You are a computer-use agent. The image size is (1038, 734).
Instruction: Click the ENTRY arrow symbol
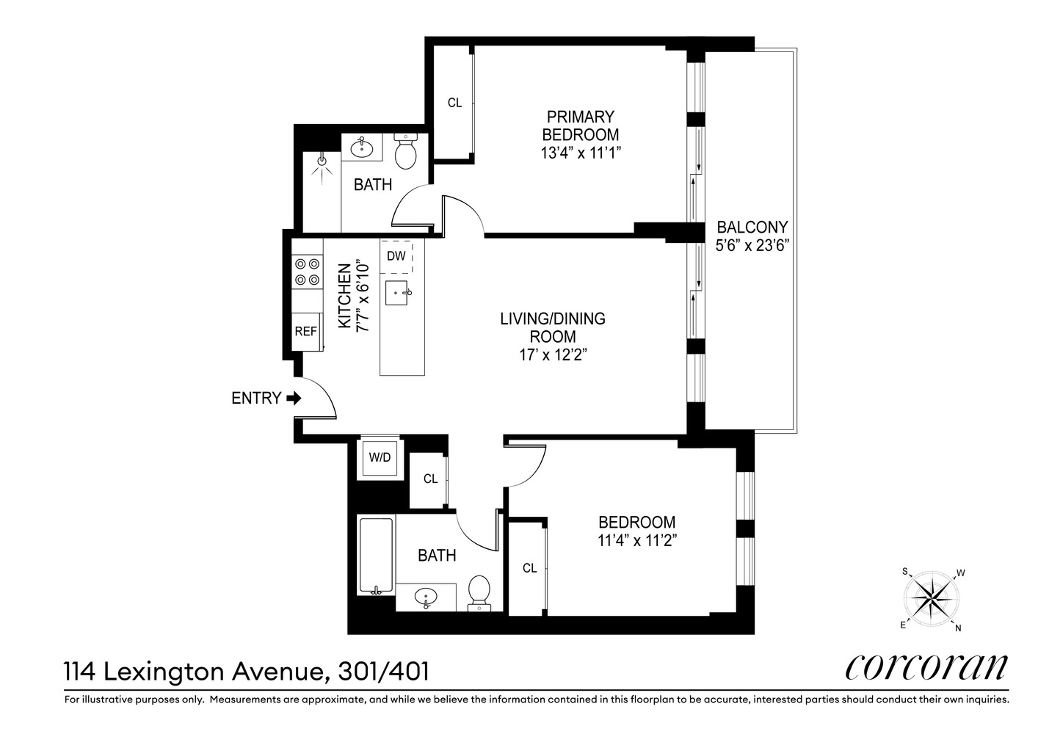click(294, 399)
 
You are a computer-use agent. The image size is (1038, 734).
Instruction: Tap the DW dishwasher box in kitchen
click(396, 256)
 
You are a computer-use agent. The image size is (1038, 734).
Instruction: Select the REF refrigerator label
click(305, 332)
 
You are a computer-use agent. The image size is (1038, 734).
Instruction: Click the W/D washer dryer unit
click(379, 458)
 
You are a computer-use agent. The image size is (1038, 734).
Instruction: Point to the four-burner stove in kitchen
click(307, 271)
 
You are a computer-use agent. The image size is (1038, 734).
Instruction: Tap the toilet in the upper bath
click(405, 151)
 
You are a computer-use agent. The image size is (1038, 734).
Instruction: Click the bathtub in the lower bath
click(376, 556)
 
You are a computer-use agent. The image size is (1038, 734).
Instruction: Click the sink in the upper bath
click(362, 148)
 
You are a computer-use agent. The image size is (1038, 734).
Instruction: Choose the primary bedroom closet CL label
click(454, 103)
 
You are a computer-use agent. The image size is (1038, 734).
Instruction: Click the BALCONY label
click(752, 228)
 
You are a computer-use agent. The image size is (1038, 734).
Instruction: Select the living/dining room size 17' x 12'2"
click(552, 355)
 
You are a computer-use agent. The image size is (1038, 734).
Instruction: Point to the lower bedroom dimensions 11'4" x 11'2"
click(636, 541)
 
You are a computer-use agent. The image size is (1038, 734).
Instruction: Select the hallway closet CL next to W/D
click(430, 479)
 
